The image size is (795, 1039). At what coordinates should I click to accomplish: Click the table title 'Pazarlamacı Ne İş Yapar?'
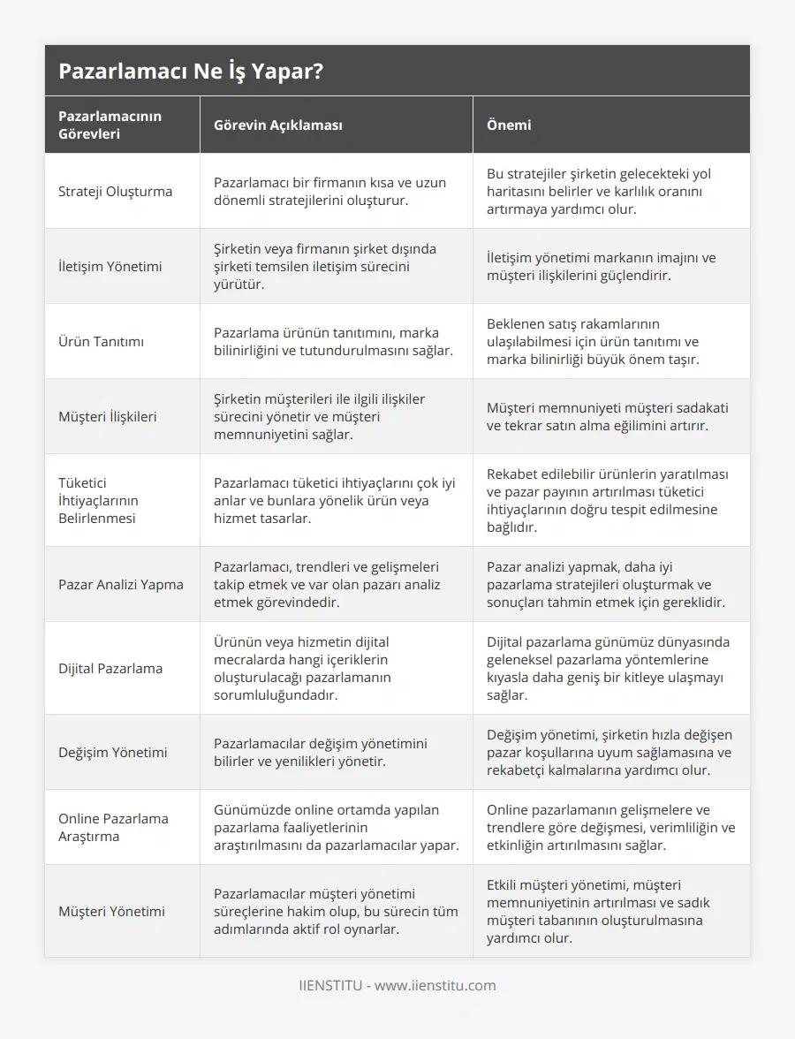click(190, 72)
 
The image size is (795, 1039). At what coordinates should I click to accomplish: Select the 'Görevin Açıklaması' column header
click(277, 125)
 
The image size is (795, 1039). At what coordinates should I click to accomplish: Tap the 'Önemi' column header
click(509, 125)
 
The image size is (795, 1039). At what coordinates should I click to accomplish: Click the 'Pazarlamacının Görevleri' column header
click(110, 125)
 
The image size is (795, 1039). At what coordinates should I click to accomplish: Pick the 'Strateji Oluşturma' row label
click(115, 191)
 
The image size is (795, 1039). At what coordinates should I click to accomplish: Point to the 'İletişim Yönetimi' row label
click(110, 266)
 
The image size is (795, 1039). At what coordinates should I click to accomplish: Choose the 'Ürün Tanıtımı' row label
click(101, 341)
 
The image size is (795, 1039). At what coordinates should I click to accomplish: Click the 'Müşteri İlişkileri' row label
click(107, 416)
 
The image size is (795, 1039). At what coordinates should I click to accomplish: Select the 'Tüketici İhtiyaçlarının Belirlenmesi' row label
click(98, 500)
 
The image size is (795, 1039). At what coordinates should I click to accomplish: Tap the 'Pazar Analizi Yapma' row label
click(121, 584)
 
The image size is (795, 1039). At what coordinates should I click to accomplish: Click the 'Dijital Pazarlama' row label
click(110, 668)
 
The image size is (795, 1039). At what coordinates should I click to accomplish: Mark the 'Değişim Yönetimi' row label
click(112, 752)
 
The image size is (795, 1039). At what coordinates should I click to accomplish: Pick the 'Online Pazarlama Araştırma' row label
click(113, 827)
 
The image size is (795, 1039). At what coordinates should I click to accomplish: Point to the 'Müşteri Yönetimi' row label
click(111, 911)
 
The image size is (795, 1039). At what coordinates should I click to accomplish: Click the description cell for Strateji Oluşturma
click(329, 191)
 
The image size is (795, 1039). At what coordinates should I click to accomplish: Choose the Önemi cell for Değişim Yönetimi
click(609, 752)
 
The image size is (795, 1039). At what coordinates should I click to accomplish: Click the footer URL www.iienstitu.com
click(435, 985)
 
